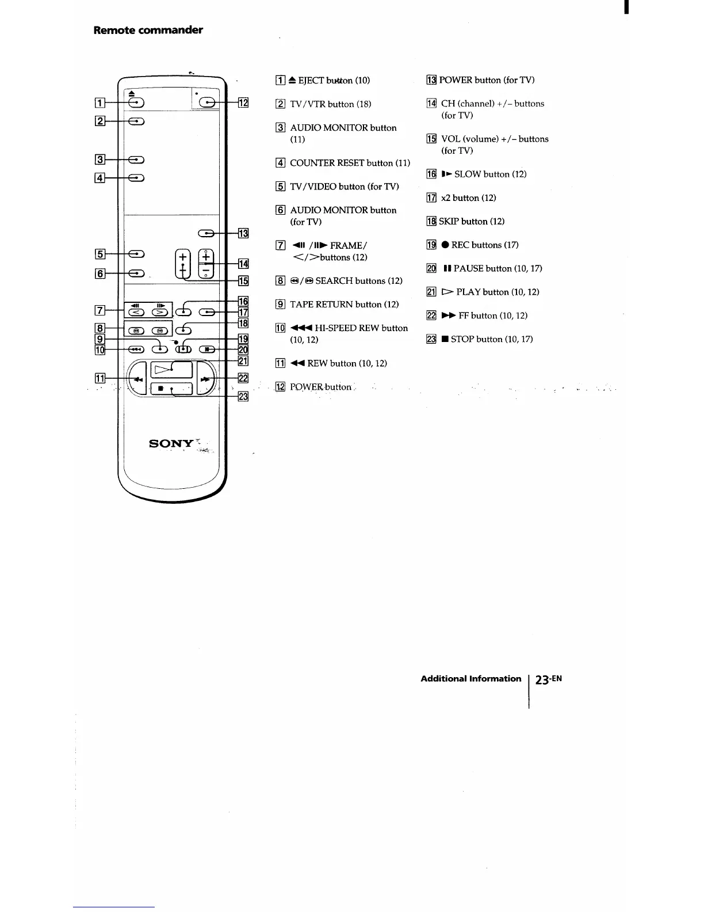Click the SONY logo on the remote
(x=171, y=443)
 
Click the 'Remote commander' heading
(x=148, y=30)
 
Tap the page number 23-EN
(x=548, y=679)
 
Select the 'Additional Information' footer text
(x=470, y=679)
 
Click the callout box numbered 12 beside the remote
(x=243, y=103)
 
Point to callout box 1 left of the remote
(x=100, y=103)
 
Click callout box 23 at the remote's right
(x=243, y=396)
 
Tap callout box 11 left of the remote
(x=100, y=378)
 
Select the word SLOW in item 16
(x=468, y=174)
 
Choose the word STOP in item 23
(x=464, y=339)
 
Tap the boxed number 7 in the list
(x=281, y=246)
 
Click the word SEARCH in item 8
(x=334, y=281)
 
